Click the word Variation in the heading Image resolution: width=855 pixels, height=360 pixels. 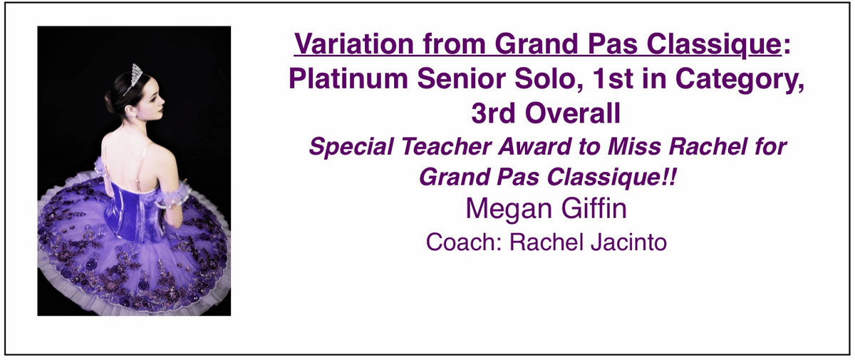[354, 44]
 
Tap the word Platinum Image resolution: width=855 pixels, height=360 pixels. [348, 78]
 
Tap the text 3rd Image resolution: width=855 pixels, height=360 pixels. [494, 113]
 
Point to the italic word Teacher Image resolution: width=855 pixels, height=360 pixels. [446, 147]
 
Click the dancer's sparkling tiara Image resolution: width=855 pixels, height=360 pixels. [137, 75]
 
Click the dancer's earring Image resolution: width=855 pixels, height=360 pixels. [134, 115]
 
